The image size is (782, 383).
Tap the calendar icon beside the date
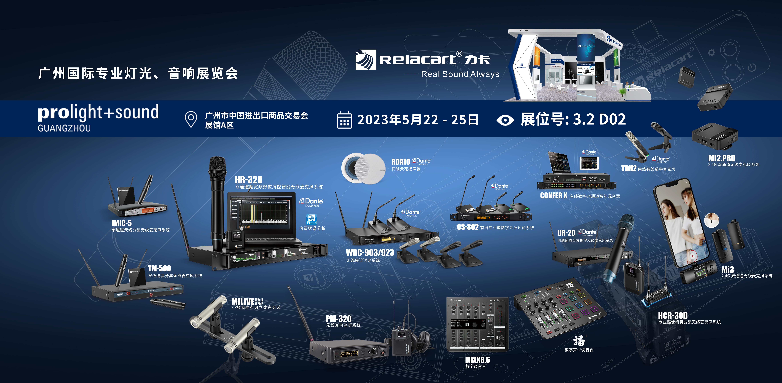coord(344,120)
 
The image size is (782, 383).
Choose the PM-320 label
coord(338,319)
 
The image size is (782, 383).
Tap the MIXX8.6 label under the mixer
coord(477,360)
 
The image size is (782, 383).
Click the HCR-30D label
coord(672,316)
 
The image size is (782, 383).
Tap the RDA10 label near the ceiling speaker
coord(400,162)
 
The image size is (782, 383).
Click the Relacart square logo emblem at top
coord(365,60)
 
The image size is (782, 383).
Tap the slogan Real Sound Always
coord(460,74)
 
